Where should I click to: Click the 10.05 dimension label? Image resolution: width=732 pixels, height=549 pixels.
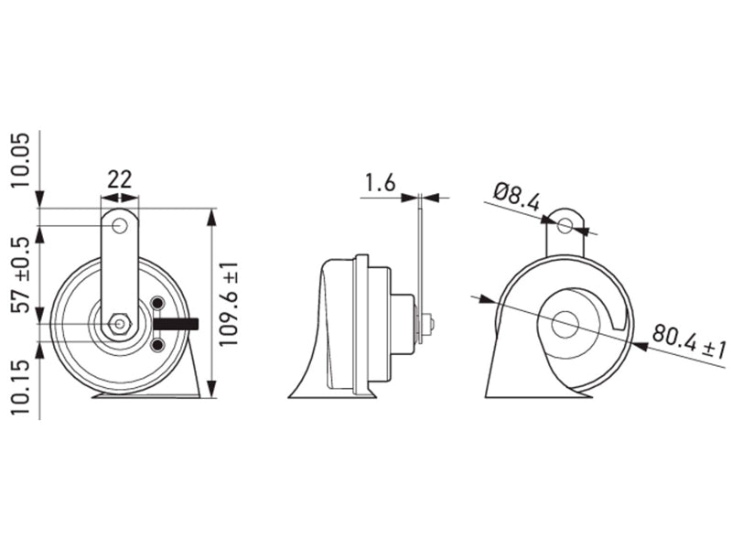tap(20, 160)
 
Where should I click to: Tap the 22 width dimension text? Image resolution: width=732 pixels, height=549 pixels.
tap(120, 179)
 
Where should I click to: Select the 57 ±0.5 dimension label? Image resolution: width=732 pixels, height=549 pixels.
tap(20, 275)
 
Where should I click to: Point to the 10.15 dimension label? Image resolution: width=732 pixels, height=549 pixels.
tap(20, 386)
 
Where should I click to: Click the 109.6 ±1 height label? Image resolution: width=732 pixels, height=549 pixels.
tap(229, 304)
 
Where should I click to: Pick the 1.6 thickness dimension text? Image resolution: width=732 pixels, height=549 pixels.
tap(380, 182)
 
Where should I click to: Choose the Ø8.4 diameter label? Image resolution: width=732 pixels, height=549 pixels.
tap(517, 196)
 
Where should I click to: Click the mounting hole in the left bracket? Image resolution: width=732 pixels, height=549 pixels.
tap(120, 226)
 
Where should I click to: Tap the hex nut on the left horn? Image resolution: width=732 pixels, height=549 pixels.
tap(120, 324)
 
